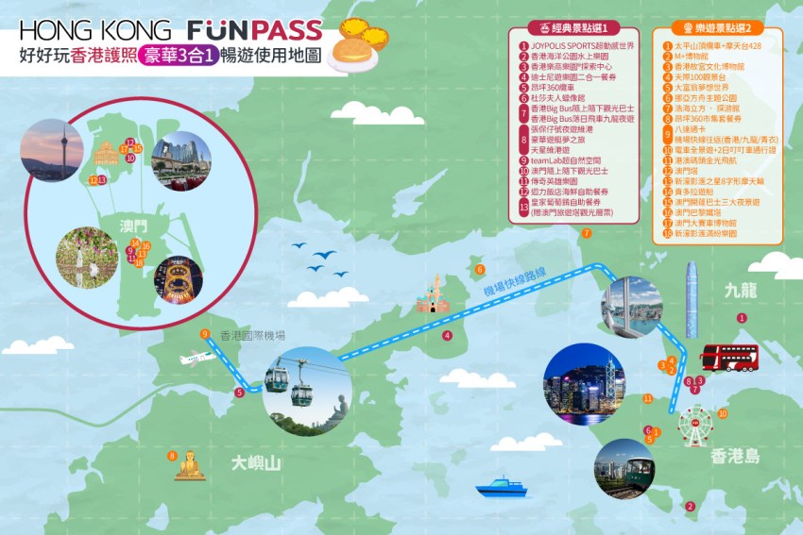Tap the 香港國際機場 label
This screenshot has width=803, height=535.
tap(253, 335)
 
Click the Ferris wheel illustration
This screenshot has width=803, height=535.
tap(697, 426)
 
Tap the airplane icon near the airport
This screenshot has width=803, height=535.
tap(196, 359)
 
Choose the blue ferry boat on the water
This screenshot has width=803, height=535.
tap(500, 488)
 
